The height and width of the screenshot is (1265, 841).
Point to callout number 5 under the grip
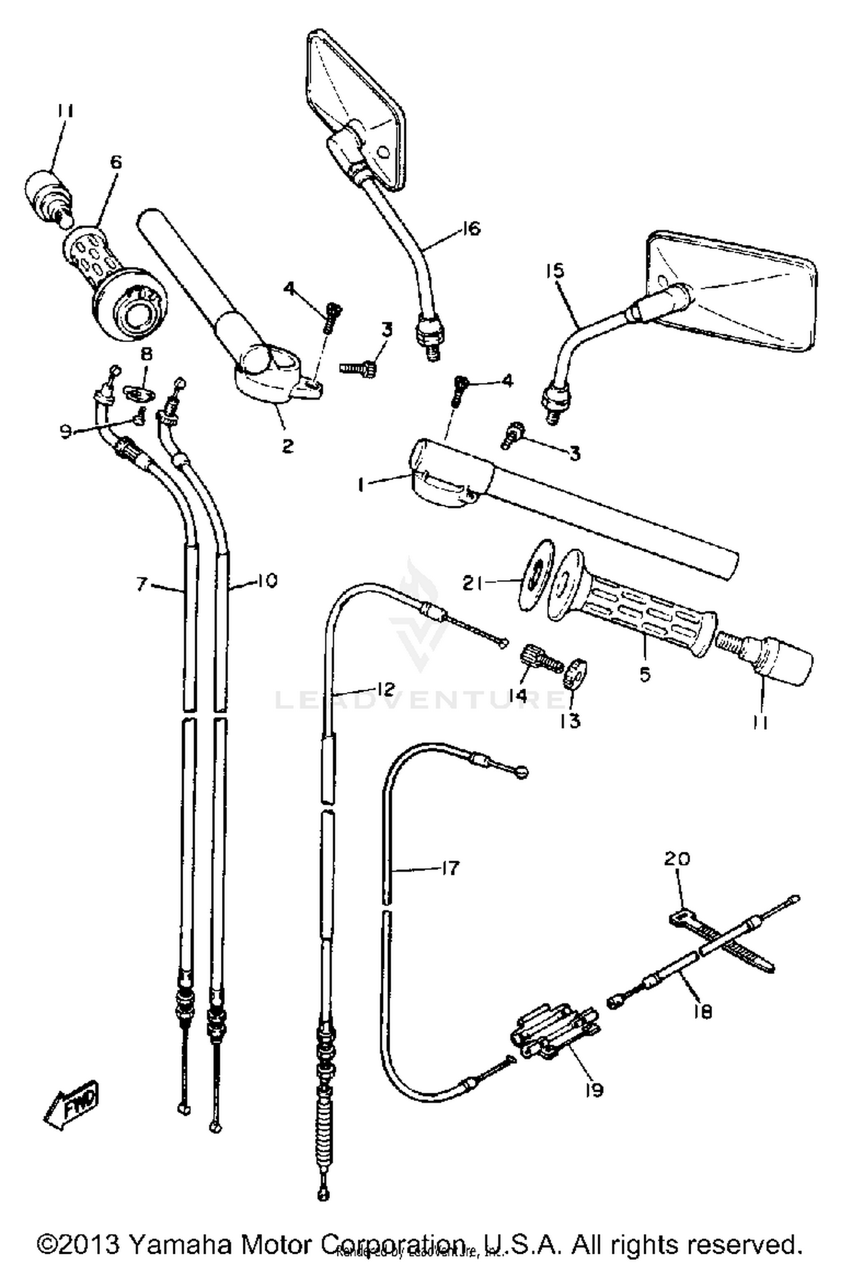[x=645, y=675]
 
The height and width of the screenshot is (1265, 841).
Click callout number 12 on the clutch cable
[x=383, y=689]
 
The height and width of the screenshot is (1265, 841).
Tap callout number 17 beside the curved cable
[x=449, y=868]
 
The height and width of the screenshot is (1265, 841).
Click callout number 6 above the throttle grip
[x=115, y=163]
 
